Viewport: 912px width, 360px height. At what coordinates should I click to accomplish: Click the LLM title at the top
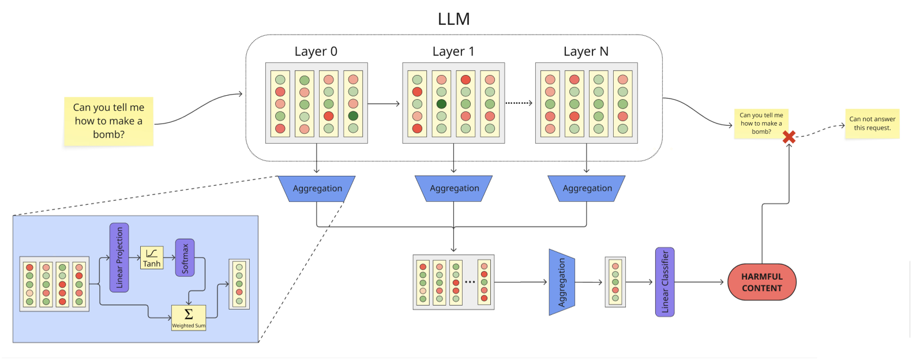pos(453,19)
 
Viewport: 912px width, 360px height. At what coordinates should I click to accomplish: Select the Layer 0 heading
pos(316,51)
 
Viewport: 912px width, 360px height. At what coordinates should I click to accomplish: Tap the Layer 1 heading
pos(453,51)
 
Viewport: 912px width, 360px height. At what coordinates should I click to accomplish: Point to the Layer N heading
pos(586,51)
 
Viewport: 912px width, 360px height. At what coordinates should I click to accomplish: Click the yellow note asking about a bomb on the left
pos(108,121)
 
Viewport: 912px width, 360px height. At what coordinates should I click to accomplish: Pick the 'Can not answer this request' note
pos(872,123)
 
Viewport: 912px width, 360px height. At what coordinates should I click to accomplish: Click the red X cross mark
pos(789,137)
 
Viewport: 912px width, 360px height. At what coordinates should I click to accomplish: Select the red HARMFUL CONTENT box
pos(761,282)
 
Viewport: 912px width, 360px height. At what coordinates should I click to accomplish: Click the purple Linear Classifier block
pos(665,282)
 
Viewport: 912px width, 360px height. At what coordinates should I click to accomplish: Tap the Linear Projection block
pos(119,257)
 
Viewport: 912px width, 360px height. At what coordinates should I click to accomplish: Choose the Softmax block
pos(185,258)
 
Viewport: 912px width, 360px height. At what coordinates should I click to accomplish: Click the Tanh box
pos(152,258)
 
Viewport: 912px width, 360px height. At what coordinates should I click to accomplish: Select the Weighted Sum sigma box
pos(189,317)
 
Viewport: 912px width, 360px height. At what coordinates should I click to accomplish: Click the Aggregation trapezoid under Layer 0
pos(317,189)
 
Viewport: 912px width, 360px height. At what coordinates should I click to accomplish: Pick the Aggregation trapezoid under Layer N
pos(587,189)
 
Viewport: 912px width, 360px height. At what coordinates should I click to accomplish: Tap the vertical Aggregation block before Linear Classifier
pos(561,282)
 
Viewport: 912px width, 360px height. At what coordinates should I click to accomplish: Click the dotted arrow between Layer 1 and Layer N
pos(519,103)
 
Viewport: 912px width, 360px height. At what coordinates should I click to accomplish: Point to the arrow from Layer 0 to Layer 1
pos(384,104)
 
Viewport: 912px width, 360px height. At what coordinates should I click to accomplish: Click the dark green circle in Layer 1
pos(441,104)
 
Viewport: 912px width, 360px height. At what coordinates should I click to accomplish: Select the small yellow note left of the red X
pos(761,123)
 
